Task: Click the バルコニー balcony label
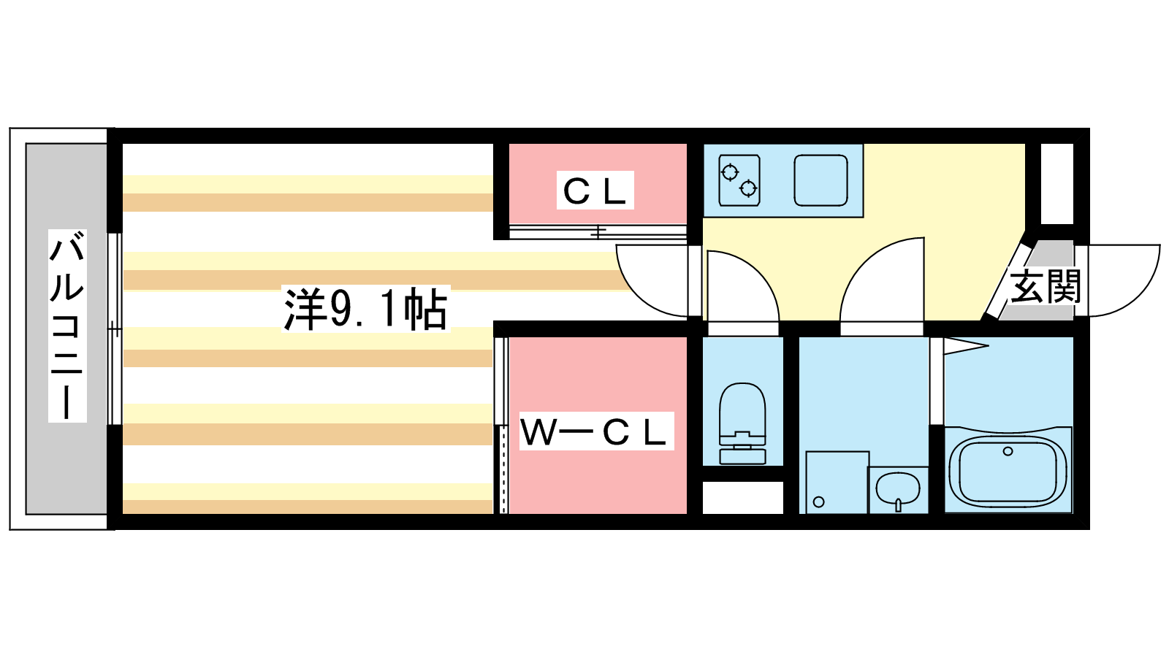point(67,326)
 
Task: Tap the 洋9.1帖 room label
point(365,309)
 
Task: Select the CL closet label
point(595,191)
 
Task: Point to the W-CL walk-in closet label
point(595,431)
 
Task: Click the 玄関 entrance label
point(1045,286)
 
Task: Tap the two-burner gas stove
point(739,180)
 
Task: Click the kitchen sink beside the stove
point(820,180)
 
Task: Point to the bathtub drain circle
point(1008,451)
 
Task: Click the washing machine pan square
point(837,483)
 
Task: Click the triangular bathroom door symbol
point(964,346)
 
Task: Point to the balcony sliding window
point(115,328)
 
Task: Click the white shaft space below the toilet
point(742,497)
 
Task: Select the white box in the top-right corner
point(1056,183)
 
